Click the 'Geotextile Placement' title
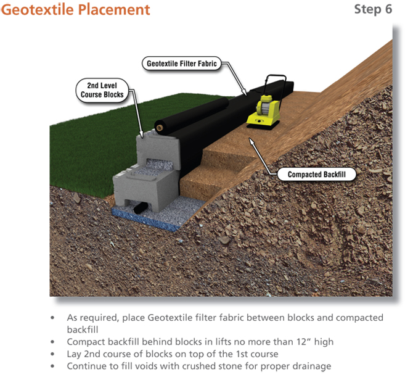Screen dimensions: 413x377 [75, 10]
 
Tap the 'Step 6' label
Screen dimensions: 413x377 [373, 9]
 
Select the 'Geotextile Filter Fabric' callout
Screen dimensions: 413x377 [181, 64]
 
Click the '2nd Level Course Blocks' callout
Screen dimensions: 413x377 [102, 90]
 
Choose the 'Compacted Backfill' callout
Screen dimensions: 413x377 [317, 174]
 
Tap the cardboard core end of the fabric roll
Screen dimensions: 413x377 [160, 128]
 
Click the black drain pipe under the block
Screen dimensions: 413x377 [139, 208]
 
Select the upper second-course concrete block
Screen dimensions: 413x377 [158, 152]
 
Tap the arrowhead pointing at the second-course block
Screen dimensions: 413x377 [141, 134]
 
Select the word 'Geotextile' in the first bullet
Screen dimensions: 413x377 [170, 318]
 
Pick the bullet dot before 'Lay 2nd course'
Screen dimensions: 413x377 [52, 354]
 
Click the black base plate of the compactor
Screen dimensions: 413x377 [262, 126]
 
